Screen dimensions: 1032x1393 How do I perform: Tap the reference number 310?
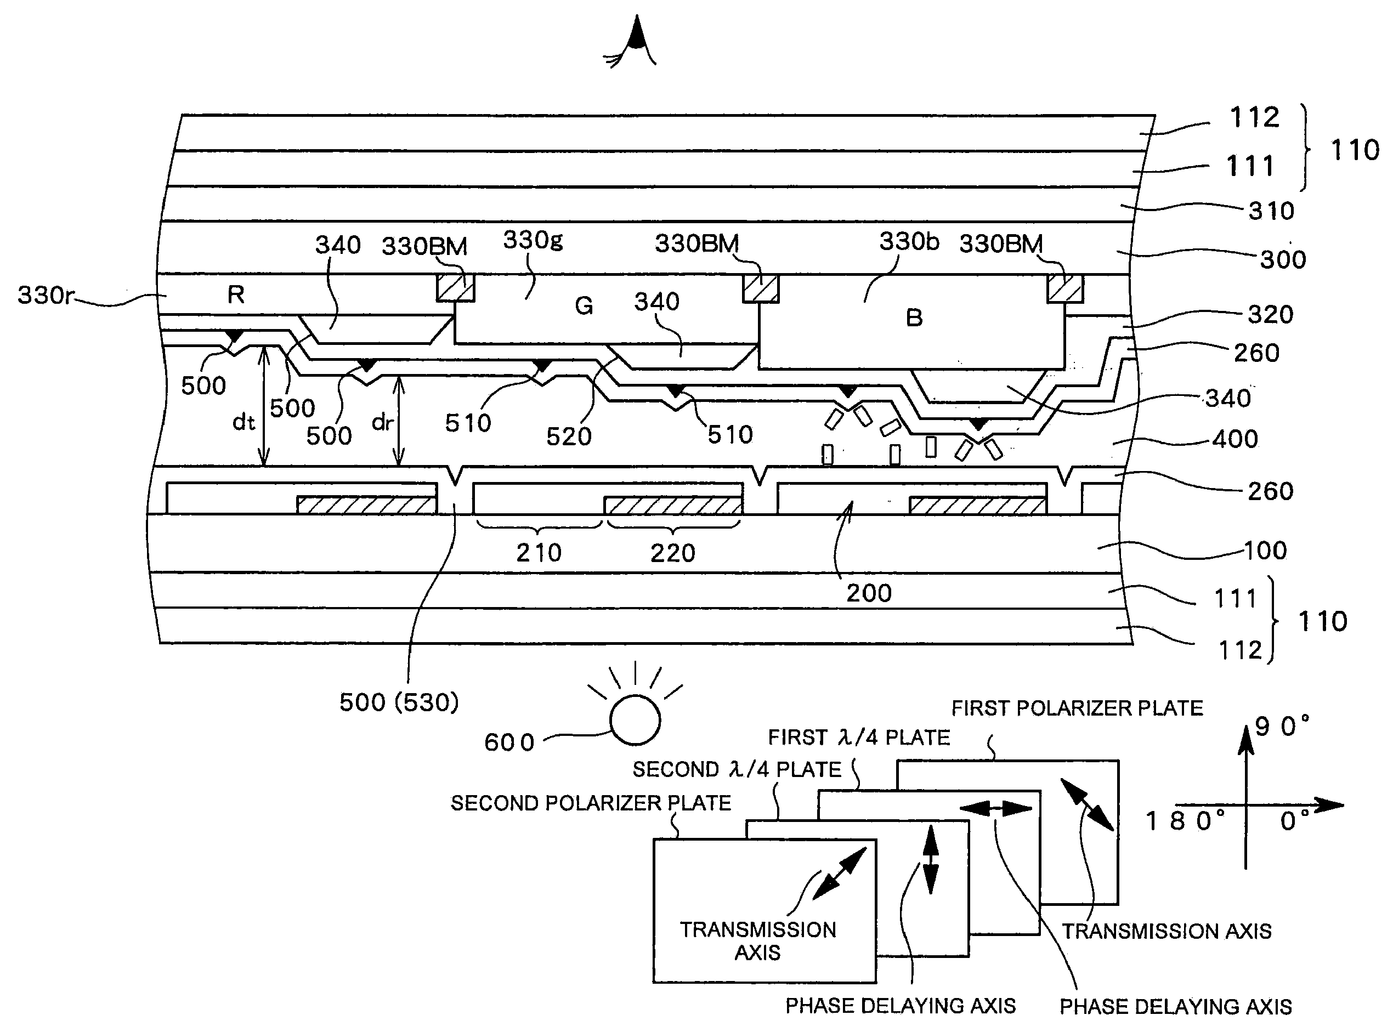(x=1271, y=211)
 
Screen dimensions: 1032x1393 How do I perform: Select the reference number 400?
(x=1235, y=439)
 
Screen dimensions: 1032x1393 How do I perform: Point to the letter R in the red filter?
(x=235, y=294)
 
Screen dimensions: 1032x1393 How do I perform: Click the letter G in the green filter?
(x=584, y=305)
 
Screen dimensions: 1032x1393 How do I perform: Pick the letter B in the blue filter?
(x=914, y=318)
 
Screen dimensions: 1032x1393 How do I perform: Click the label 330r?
(x=46, y=295)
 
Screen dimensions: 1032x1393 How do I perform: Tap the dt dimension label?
(x=244, y=423)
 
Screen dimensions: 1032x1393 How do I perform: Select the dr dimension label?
(x=382, y=423)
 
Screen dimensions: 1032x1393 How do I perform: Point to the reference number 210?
(x=539, y=553)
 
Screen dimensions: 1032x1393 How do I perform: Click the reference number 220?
(x=673, y=553)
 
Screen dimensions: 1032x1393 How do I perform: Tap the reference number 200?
(x=869, y=593)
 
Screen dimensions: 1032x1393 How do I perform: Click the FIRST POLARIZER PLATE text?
(x=1077, y=708)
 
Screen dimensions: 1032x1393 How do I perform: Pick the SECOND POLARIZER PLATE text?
(x=590, y=803)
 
